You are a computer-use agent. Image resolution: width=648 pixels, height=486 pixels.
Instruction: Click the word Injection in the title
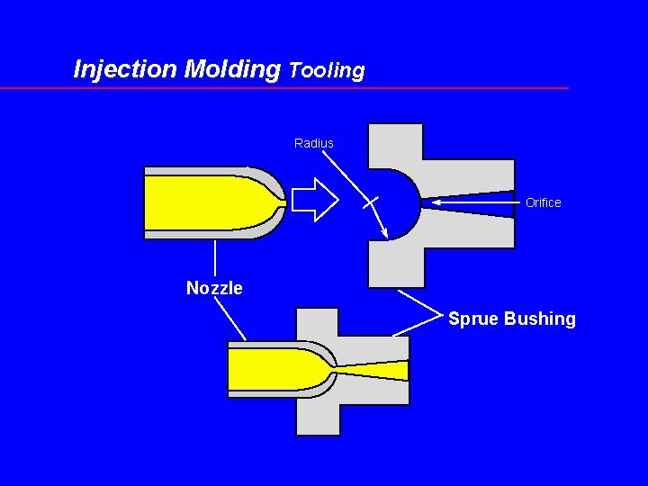(125, 69)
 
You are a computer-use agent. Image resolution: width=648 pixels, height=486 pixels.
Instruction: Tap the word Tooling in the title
(327, 70)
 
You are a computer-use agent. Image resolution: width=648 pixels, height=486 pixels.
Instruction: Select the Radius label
(313, 143)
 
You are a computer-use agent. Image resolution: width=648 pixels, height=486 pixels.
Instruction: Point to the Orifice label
(543, 202)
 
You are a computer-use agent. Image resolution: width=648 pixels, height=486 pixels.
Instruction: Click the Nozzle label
(214, 288)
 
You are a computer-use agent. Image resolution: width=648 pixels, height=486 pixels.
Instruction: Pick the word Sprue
(473, 319)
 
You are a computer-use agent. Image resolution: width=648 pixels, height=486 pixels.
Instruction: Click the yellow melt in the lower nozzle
(270, 370)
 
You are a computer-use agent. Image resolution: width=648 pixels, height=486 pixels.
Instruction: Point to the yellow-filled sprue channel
(378, 370)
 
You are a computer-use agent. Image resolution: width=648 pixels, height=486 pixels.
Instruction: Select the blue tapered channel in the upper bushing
(468, 200)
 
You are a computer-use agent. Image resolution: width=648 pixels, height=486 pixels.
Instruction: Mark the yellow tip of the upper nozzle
(281, 203)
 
